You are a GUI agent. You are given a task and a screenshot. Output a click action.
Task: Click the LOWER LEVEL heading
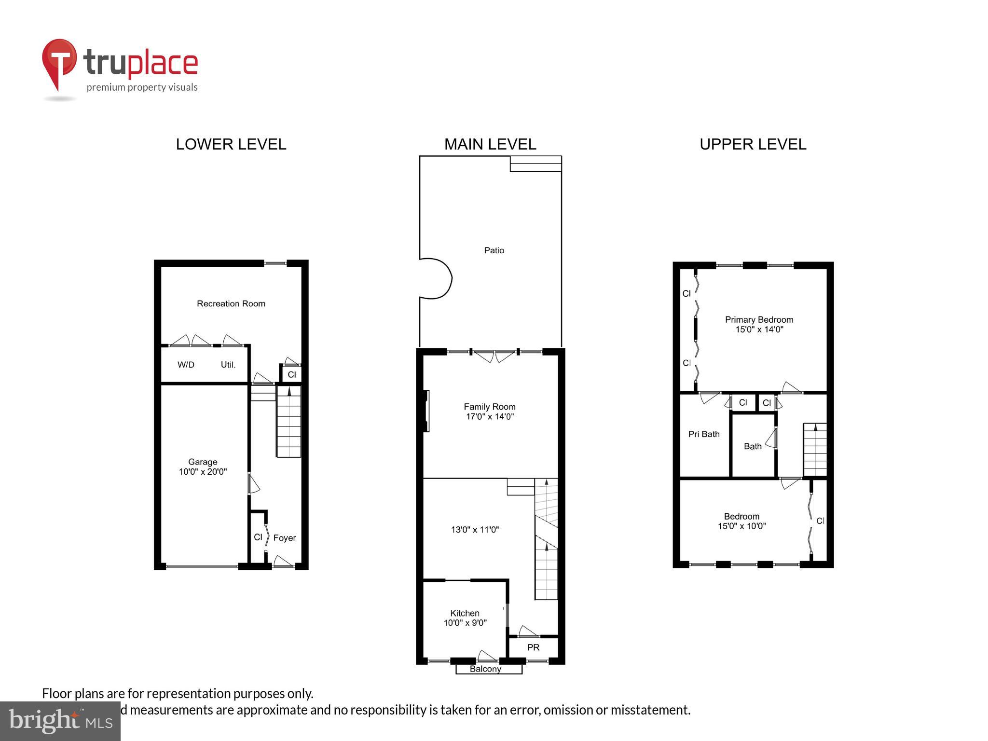pos(231,144)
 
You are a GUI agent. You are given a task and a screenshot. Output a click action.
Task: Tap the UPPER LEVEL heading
pos(753,144)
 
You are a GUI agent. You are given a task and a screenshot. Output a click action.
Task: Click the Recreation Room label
pos(231,303)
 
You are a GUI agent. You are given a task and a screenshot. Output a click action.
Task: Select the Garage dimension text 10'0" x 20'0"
pos(203,472)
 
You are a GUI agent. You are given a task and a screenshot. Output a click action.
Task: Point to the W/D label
pos(186,365)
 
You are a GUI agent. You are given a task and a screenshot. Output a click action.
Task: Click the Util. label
pos(228,365)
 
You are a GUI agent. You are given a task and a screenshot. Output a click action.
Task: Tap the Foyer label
pos(284,538)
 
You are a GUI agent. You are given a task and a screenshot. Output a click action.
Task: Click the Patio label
pos(494,250)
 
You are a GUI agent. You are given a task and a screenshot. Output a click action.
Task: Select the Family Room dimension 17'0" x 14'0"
pos(490,417)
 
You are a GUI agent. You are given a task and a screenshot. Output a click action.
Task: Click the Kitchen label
pos(465,613)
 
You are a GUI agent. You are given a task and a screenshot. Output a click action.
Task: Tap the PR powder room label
pos(533,647)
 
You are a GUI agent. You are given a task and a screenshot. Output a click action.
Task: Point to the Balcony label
pos(485,669)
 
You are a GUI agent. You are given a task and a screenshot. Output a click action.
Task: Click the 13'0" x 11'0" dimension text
pos(475,530)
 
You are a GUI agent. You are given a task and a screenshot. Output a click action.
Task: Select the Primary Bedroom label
pos(759,320)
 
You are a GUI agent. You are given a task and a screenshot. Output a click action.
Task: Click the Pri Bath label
pos(703,434)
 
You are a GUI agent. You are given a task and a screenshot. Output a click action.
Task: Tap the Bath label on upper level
pos(752,447)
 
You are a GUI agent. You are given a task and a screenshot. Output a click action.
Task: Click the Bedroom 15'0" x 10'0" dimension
pos(741,526)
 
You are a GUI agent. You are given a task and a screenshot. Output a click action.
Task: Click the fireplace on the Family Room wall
pos(426,411)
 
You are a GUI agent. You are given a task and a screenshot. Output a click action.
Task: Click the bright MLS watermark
pos(60,721)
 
